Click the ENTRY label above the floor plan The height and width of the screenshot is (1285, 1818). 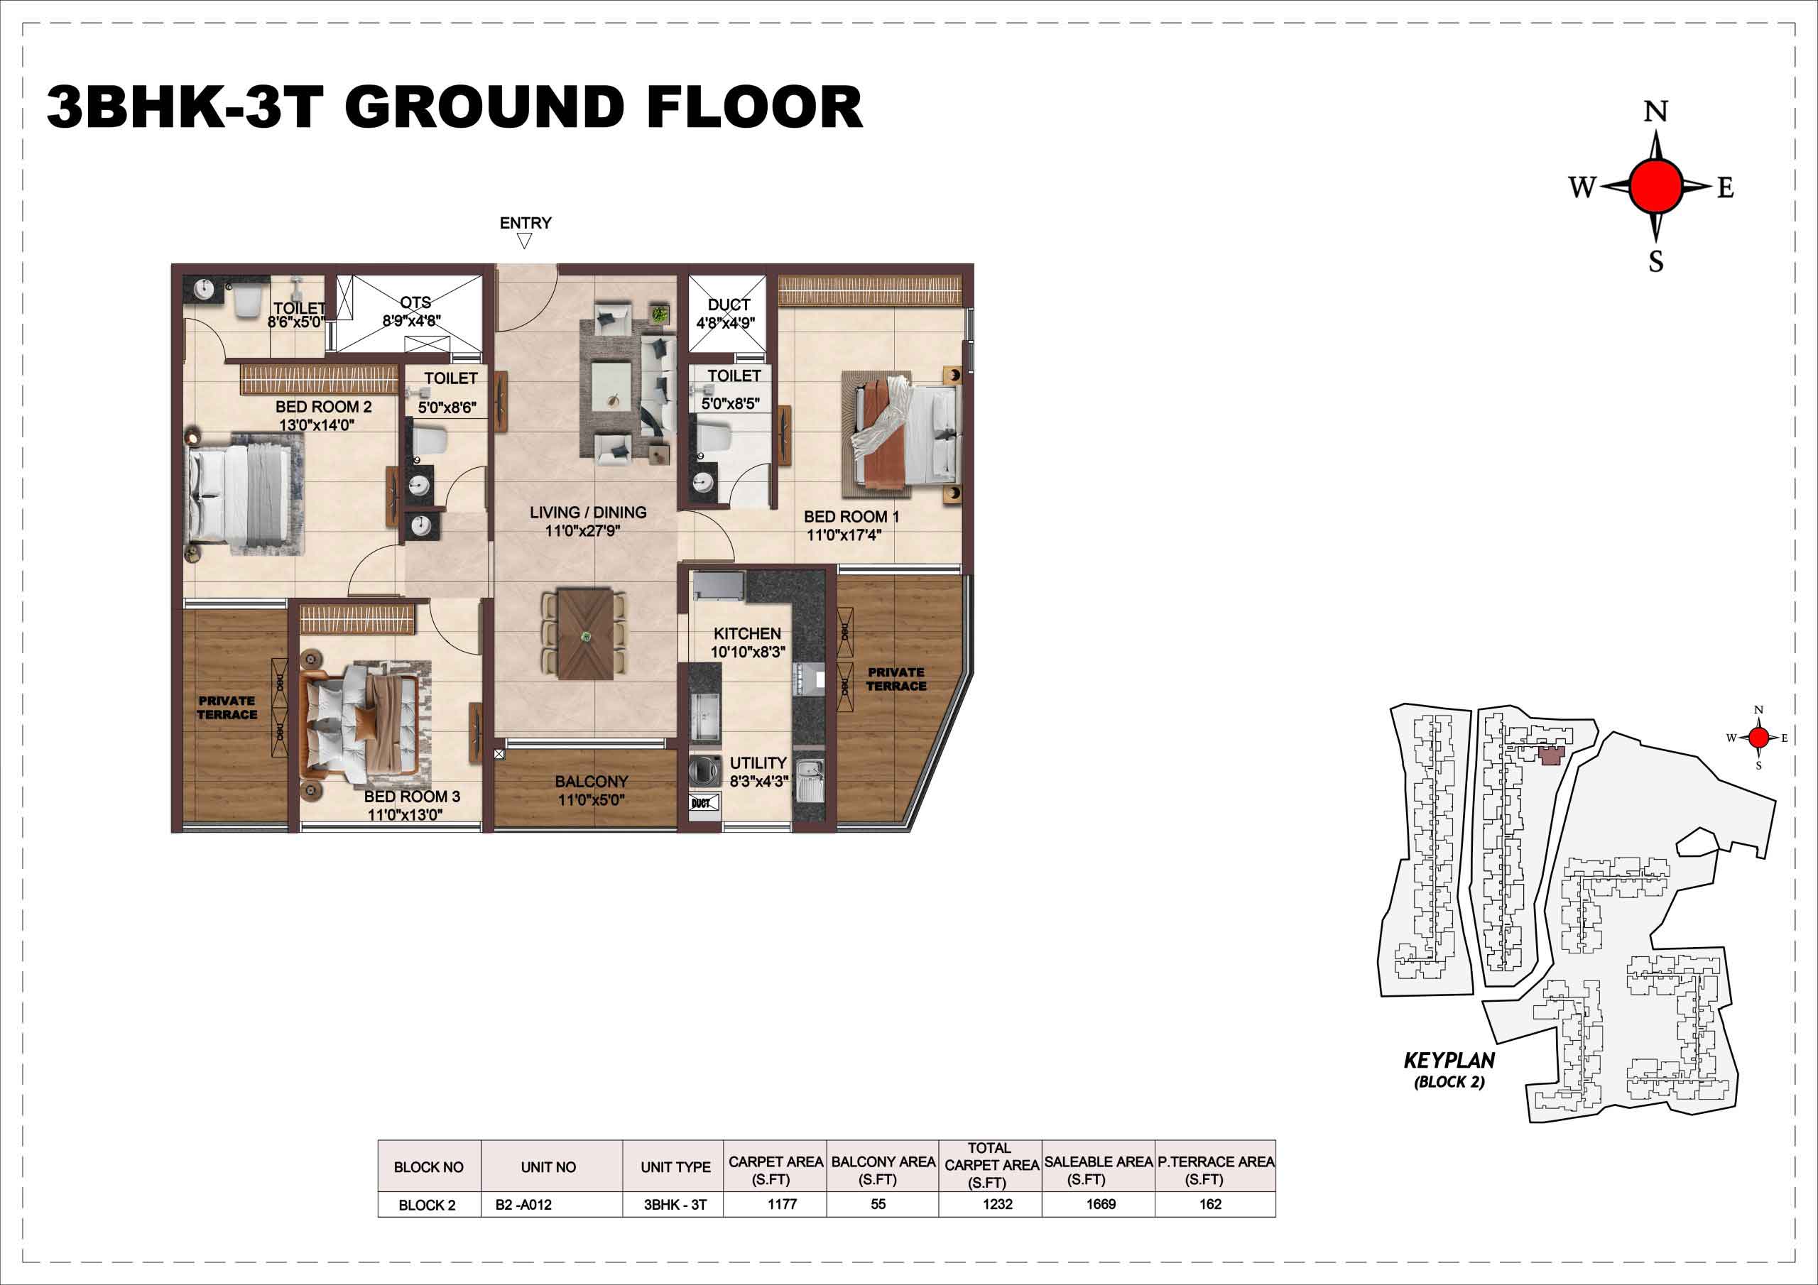tap(525, 223)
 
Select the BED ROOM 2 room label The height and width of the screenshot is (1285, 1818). tap(323, 407)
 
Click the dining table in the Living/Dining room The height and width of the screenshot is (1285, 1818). tap(585, 633)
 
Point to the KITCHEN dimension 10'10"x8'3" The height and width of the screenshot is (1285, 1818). tap(748, 652)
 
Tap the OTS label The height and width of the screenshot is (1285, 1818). tap(415, 302)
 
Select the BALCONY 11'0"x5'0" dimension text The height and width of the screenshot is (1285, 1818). tap(591, 799)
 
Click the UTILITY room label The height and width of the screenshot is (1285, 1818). tap(758, 763)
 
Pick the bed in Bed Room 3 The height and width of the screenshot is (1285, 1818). tap(361, 721)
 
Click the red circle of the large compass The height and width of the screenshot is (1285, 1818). tap(1655, 186)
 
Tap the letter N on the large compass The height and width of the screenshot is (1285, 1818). tap(1655, 111)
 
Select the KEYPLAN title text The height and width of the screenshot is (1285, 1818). tap(1449, 1060)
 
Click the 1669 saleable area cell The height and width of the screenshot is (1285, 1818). tap(1101, 1204)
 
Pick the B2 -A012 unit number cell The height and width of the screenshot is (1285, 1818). tap(523, 1205)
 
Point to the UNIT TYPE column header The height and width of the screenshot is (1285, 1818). tap(675, 1167)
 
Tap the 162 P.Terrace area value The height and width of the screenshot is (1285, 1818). tap(1211, 1204)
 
